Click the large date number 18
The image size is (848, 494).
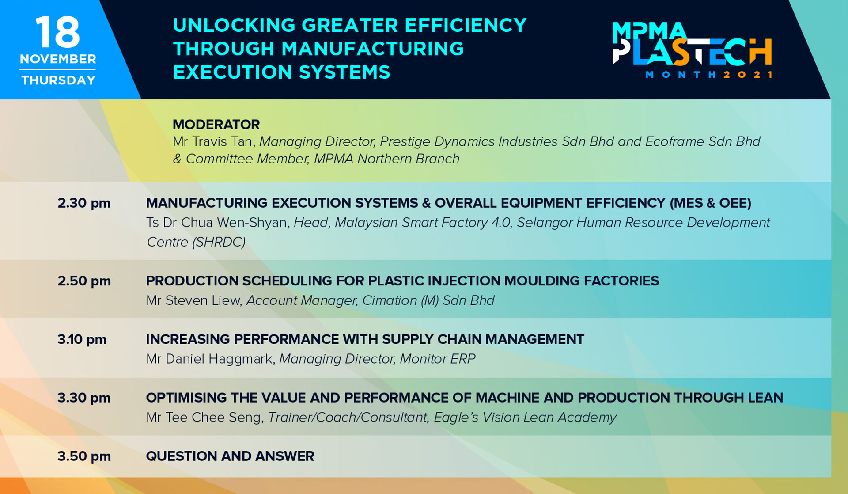pos(58,32)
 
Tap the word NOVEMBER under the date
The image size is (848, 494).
pos(58,59)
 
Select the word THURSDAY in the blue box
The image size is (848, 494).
pos(58,80)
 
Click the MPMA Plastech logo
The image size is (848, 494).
pos(692,50)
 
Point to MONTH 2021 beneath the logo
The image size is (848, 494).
pos(709,75)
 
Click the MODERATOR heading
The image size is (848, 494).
pos(216,125)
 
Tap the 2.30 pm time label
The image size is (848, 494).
pos(84,203)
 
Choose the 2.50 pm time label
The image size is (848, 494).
pos(84,281)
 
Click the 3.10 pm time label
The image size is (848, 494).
pos(82,339)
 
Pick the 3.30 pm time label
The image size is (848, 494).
pos(84,398)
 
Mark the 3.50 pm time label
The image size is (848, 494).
pos(84,456)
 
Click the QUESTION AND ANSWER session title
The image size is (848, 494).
pos(230,456)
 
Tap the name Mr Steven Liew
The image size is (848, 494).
pos(194,300)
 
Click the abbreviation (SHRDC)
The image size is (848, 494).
pos(219,242)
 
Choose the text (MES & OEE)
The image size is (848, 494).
pos(711,203)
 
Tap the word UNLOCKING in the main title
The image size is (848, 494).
pos(234,25)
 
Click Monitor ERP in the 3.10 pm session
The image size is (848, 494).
pos(437,359)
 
